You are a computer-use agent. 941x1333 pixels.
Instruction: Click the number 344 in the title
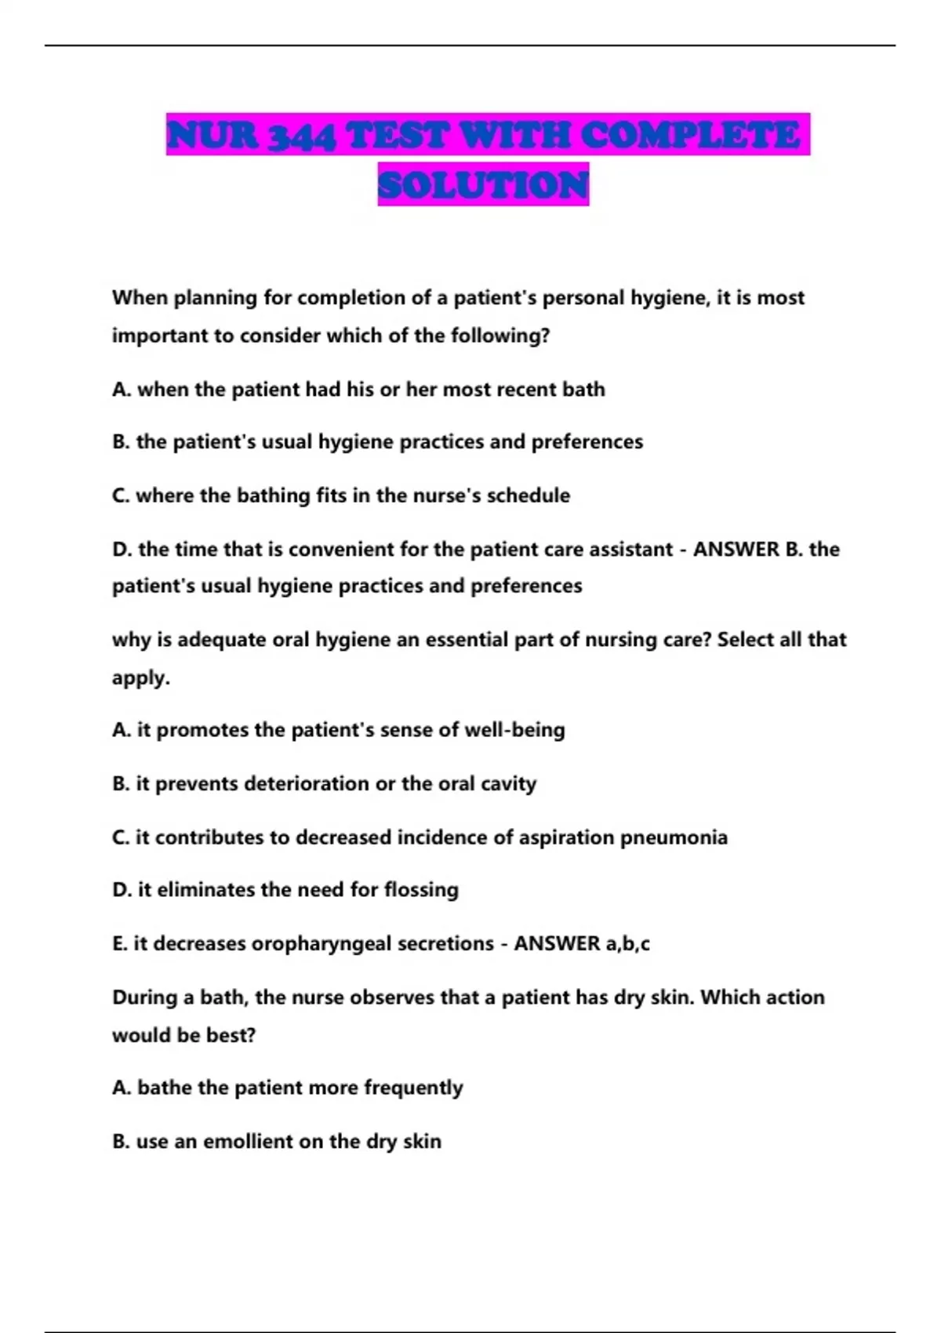pos(301,136)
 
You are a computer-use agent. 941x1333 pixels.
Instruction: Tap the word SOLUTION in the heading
pos(483,186)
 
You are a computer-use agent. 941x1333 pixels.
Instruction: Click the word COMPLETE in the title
pos(690,136)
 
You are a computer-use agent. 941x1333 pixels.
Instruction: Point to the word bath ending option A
pos(583,390)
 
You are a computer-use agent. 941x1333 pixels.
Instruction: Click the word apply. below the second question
pos(141,678)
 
